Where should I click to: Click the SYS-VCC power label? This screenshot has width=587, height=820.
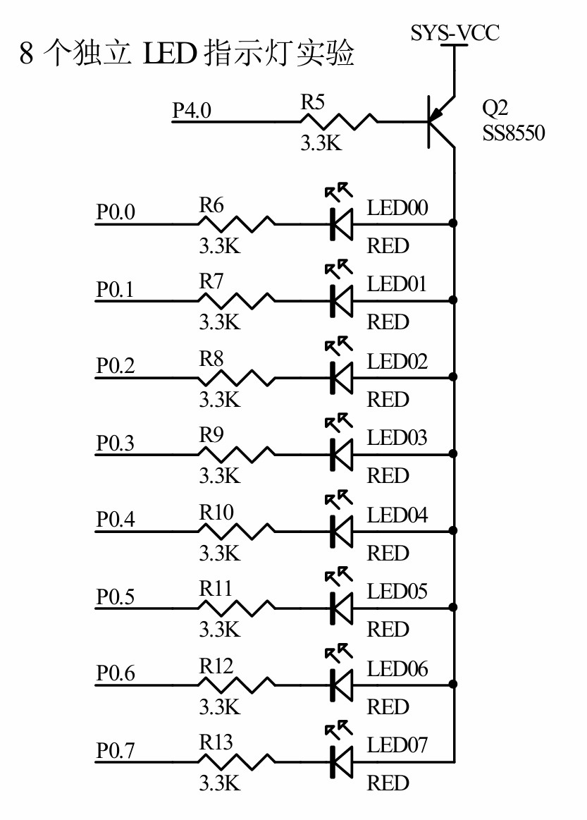coord(455,32)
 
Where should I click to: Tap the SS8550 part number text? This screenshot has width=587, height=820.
coord(513,133)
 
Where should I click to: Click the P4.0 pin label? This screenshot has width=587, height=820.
coord(192,111)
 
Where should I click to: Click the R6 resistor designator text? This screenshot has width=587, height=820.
coord(211,206)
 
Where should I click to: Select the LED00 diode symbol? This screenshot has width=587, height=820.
coord(341,225)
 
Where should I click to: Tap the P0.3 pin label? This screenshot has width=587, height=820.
coord(116,443)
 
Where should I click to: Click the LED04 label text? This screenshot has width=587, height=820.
coord(397,515)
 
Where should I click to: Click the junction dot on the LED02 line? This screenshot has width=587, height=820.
coord(453,377)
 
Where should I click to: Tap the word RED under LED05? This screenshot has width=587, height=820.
coord(388,629)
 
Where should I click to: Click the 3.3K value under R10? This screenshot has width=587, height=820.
coord(220,553)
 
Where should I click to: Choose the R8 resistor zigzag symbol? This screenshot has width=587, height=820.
coord(237,377)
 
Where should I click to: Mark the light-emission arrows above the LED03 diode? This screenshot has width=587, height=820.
coord(338,422)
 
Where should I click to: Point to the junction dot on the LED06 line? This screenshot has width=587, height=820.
coord(453,683)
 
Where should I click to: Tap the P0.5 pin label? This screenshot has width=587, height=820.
coord(116,597)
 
